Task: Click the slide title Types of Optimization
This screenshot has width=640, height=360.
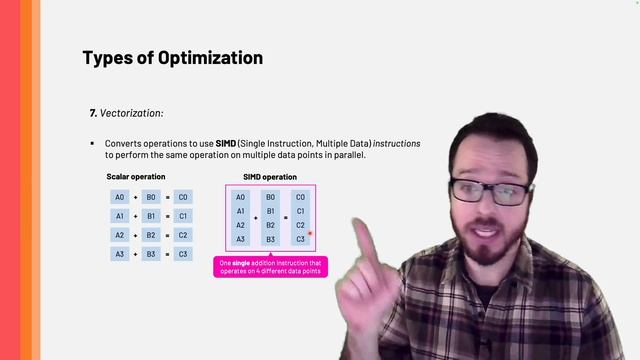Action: click(172, 58)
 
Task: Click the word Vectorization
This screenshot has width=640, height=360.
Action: click(130, 114)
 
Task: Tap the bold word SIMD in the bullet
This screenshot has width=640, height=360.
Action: click(228, 144)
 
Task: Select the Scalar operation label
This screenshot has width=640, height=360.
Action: click(136, 177)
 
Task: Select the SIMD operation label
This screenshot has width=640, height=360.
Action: click(270, 177)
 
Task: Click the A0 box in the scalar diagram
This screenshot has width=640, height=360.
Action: click(119, 198)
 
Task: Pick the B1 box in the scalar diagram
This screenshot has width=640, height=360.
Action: click(150, 216)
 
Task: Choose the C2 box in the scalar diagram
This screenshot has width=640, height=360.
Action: click(182, 235)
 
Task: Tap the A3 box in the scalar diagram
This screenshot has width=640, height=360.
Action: click(119, 254)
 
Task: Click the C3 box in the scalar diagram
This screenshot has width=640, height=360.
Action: click(182, 254)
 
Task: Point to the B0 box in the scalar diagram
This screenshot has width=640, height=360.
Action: click(150, 198)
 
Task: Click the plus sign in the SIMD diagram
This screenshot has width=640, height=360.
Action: click(255, 217)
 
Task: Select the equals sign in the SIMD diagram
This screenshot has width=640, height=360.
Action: click(285, 217)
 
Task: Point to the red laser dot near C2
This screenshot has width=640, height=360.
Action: click(311, 233)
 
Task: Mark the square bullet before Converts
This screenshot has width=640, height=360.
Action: click(92, 144)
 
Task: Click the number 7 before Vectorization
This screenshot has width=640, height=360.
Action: click(92, 114)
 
